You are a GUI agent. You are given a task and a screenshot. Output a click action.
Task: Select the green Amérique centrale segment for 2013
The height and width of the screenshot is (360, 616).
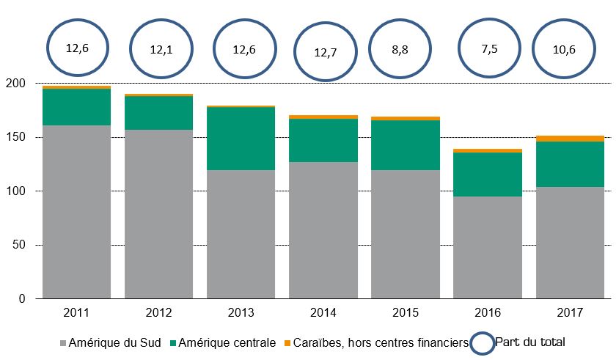[241, 139]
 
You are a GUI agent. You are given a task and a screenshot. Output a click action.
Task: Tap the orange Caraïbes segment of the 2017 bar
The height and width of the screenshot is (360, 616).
[570, 139]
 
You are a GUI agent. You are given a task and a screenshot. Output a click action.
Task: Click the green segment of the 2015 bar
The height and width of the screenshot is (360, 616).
[406, 145]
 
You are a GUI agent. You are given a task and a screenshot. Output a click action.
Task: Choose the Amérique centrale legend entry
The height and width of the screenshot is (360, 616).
[227, 343]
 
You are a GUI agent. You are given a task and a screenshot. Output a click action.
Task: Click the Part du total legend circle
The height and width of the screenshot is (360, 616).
[482, 342]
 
